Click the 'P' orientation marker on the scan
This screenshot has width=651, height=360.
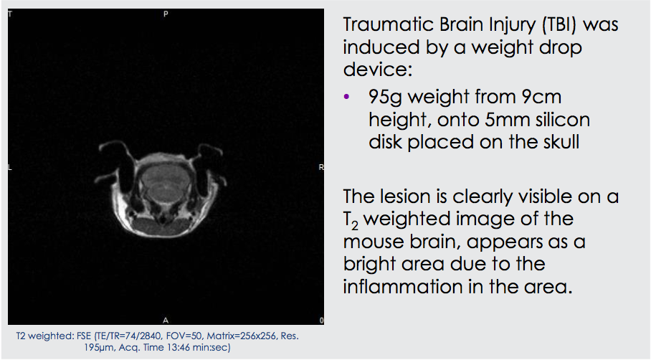[x=166, y=14]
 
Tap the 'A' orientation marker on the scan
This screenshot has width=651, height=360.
[x=166, y=320]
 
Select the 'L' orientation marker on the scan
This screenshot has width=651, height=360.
[x=10, y=167]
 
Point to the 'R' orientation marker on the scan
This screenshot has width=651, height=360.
[x=321, y=167]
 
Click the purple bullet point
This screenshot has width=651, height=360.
[x=347, y=97]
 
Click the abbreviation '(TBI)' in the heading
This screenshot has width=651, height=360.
[x=559, y=24]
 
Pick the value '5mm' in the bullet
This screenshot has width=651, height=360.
[x=507, y=120]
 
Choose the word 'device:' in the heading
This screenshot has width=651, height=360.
[x=378, y=69]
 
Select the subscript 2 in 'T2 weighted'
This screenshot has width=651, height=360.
[x=354, y=225]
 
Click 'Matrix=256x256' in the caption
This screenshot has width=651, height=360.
[x=241, y=336]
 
